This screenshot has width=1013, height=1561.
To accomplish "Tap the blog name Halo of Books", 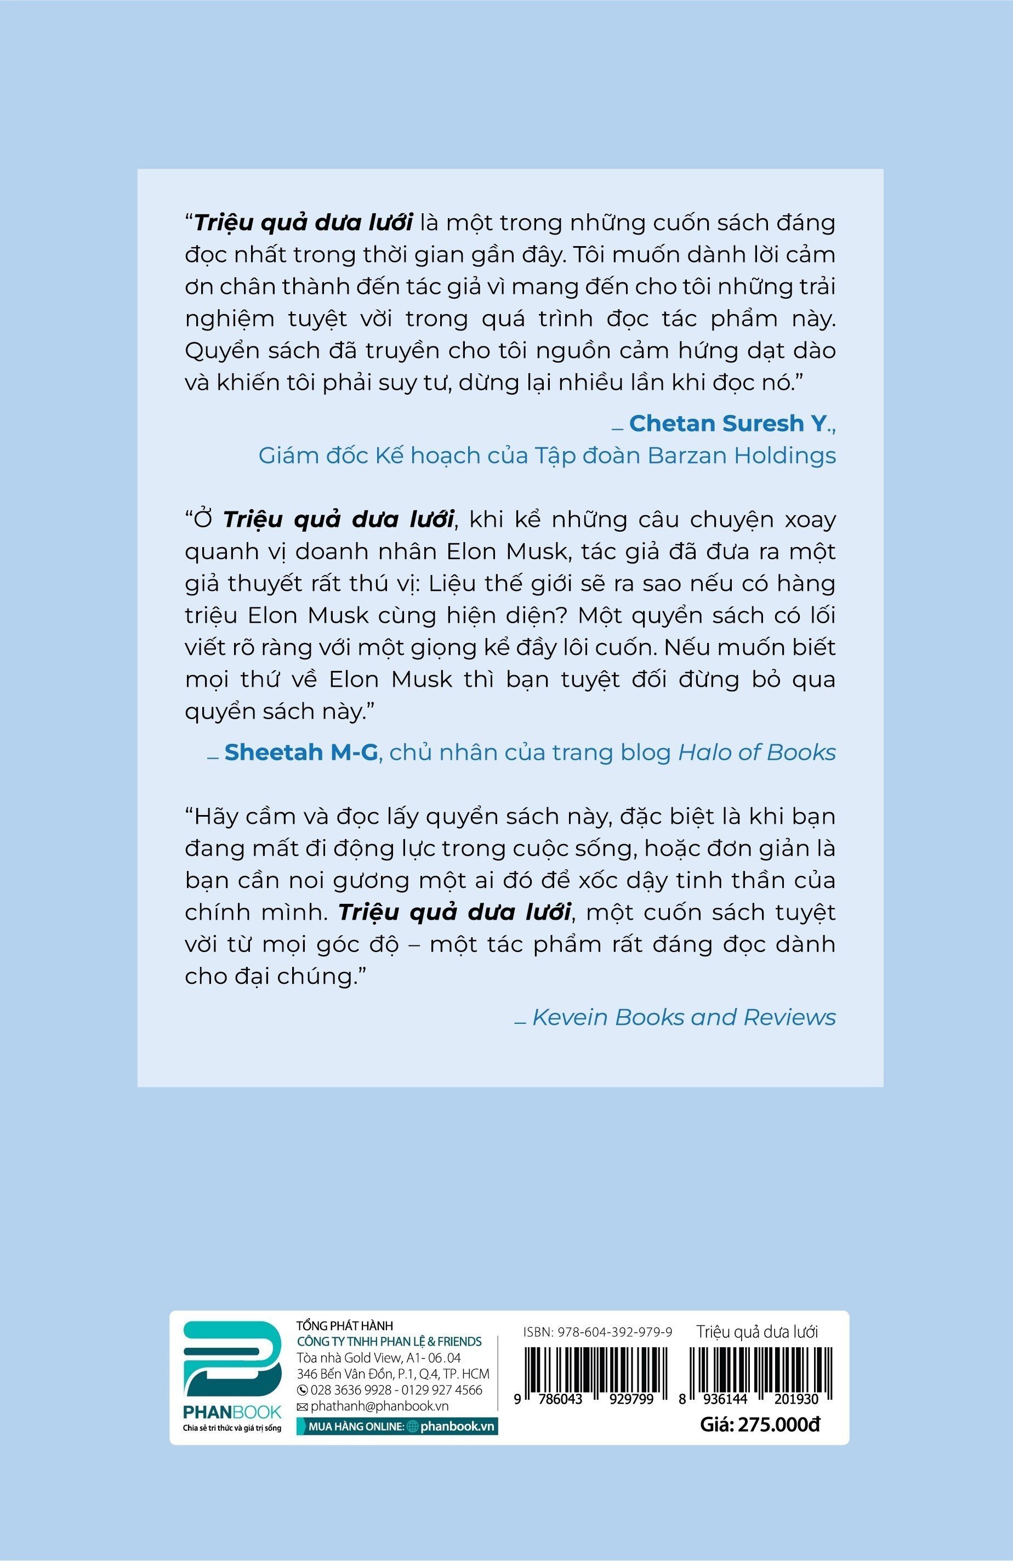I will (756, 753).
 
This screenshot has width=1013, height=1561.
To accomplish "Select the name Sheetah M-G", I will (301, 753).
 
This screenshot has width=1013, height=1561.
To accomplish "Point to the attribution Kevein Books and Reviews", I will (684, 1017).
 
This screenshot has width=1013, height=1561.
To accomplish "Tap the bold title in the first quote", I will (303, 223).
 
